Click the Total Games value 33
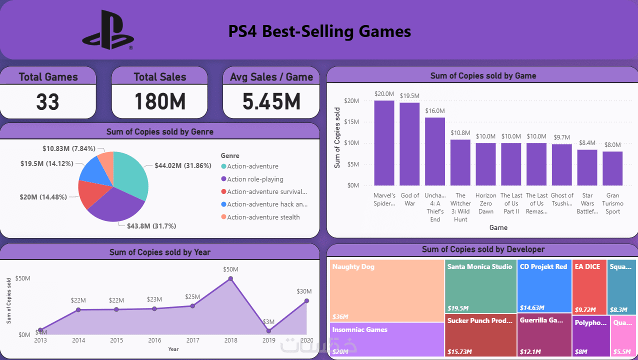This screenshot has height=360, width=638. (x=48, y=101)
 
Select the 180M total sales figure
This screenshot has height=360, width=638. (x=159, y=101)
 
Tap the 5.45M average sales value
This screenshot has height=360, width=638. (x=271, y=101)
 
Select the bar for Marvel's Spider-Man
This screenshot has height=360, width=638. (x=384, y=143)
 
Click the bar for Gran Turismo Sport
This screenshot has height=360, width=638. (x=612, y=168)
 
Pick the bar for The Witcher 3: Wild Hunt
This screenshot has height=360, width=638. (x=460, y=162)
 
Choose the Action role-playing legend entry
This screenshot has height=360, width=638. (x=255, y=179)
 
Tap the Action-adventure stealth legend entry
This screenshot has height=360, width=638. (x=263, y=217)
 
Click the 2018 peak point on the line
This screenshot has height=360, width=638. (x=230, y=279)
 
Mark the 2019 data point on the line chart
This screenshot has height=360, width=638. (x=268, y=330)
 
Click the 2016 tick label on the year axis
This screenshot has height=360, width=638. (x=154, y=340)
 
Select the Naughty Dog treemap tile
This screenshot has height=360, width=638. (x=387, y=290)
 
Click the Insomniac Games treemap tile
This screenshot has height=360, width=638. (x=387, y=340)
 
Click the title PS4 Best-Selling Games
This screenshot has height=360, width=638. (x=319, y=32)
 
